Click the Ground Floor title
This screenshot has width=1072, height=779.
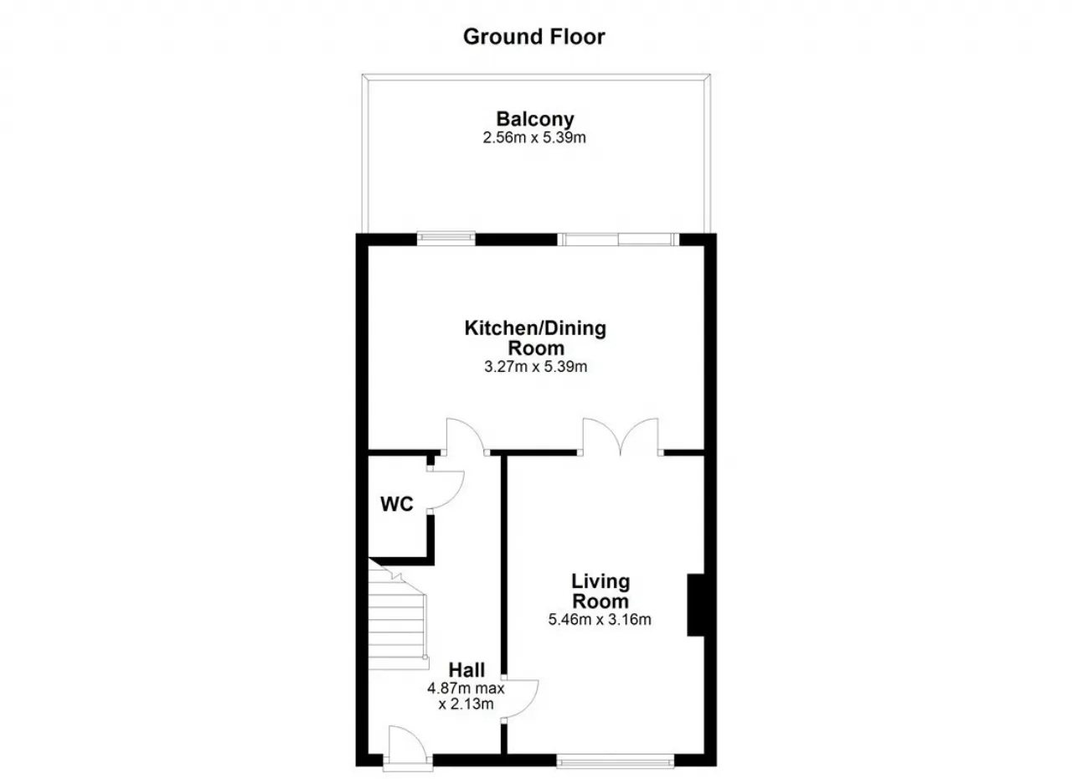534,37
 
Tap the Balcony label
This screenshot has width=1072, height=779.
535,119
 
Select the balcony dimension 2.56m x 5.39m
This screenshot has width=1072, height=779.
534,138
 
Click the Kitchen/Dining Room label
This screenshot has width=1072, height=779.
535,338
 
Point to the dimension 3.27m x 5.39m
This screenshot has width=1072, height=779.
535,367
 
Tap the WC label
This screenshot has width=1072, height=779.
397,504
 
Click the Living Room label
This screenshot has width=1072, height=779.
600,591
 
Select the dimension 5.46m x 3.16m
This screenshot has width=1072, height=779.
600,620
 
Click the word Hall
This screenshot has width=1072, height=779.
466,670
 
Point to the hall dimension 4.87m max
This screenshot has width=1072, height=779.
466,689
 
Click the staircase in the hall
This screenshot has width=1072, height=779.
397,617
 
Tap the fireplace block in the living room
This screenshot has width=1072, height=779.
696,605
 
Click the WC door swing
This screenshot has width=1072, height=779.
446,489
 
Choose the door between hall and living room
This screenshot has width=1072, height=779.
521,699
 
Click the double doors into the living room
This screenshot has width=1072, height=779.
621,436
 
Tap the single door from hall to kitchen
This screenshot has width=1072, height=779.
464,436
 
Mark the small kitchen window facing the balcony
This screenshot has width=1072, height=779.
446,238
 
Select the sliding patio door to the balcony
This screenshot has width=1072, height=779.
618,240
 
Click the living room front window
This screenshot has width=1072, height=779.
616,761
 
